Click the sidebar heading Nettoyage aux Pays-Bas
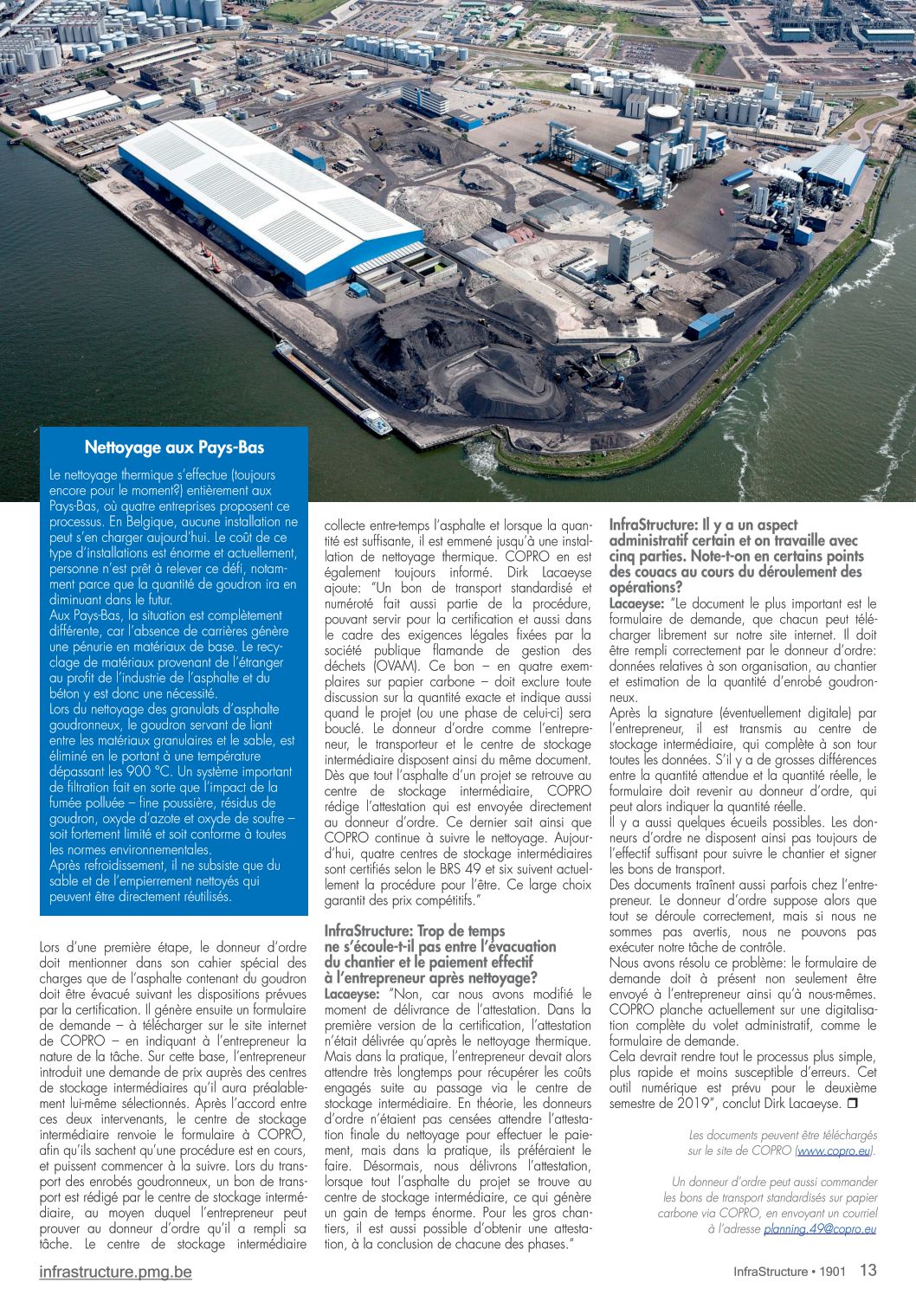tap(174, 448)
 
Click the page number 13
tap(868, 1270)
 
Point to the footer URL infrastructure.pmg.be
tap(115, 1272)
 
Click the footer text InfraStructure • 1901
tap(789, 1272)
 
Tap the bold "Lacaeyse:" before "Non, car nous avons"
tap(352, 994)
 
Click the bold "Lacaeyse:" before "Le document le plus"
tap(636, 603)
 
